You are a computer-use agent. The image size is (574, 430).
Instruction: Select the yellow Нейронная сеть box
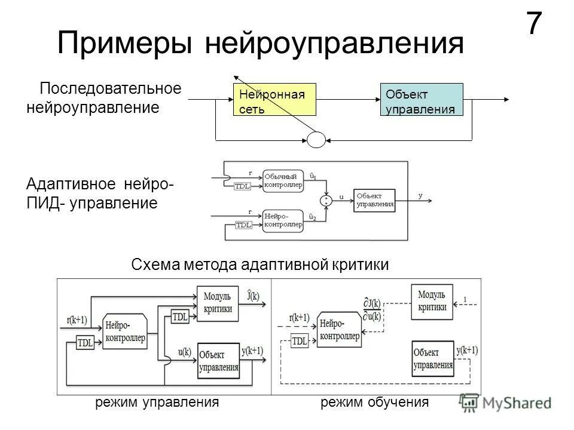pyautogui.click(x=274, y=99)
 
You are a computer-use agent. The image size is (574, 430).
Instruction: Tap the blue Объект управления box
pyautogui.click(x=422, y=99)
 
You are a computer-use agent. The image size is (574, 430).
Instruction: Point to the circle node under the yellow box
pyautogui.click(x=317, y=139)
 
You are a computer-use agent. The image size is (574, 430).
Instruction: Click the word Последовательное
pyautogui.click(x=110, y=89)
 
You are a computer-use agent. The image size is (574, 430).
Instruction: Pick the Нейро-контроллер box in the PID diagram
pyautogui.click(x=283, y=218)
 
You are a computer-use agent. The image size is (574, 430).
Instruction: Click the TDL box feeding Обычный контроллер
pyautogui.click(x=243, y=186)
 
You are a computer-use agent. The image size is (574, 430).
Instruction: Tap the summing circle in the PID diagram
pyautogui.click(x=327, y=200)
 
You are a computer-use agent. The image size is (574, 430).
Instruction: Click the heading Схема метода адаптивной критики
pyautogui.click(x=259, y=265)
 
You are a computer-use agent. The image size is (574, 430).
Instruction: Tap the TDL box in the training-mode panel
pyautogui.click(x=299, y=341)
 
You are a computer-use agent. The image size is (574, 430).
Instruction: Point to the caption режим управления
pyautogui.click(x=157, y=403)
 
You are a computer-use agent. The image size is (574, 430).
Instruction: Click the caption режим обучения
pyautogui.click(x=375, y=403)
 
